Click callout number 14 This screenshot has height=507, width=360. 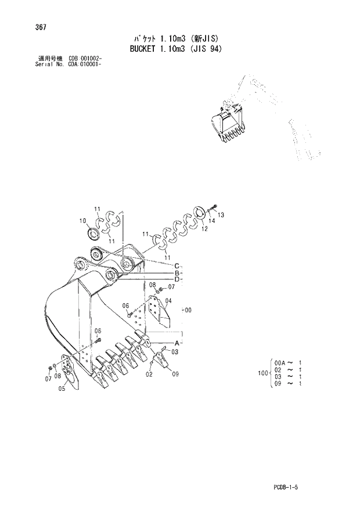(x=211, y=221)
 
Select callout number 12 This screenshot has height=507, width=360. (x=204, y=229)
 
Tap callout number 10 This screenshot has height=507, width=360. (x=82, y=221)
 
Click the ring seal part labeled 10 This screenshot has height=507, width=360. (x=93, y=234)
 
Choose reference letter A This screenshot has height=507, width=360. (x=175, y=342)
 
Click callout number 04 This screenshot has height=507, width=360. (x=169, y=300)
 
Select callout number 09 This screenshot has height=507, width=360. (x=175, y=374)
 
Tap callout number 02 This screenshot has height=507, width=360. (x=149, y=375)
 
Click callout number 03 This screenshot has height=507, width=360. (x=175, y=352)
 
